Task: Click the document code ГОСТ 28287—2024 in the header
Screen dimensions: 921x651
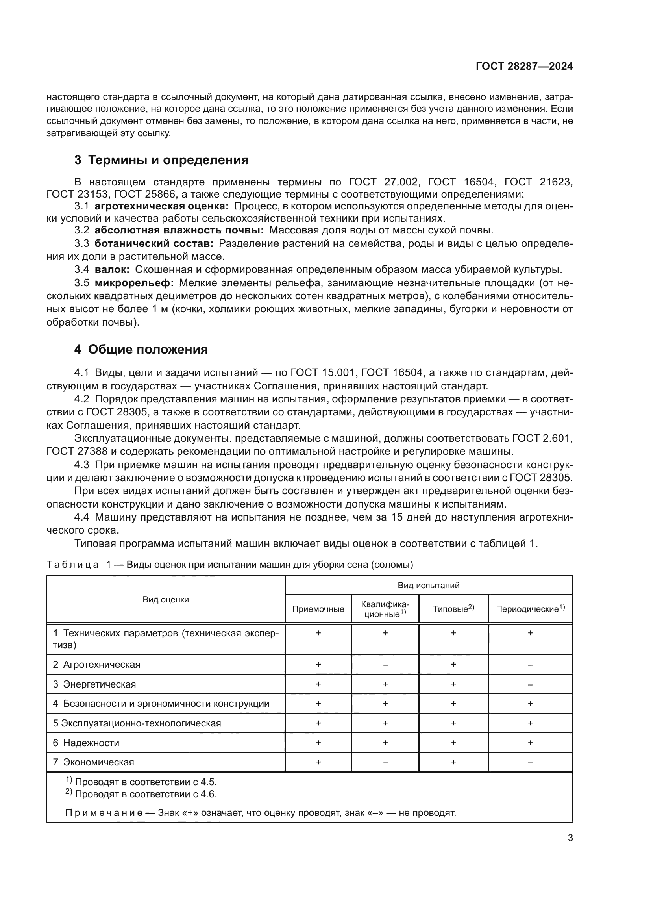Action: tap(524, 66)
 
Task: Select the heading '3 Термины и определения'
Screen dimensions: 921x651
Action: tap(161, 160)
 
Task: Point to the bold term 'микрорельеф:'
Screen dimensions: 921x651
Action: tap(134, 283)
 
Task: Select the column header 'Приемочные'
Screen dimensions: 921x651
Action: tap(318, 609)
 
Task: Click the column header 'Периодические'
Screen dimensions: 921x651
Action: tap(529, 609)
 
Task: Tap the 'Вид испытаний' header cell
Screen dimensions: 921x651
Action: tap(428, 585)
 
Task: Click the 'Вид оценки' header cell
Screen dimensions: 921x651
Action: tap(166, 599)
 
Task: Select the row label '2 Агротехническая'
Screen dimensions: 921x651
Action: tap(96, 665)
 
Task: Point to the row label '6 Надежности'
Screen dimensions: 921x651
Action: tap(86, 743)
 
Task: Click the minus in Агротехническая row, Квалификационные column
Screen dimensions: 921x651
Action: tap(385, 665)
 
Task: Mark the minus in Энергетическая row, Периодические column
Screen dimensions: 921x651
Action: tap(530, 684)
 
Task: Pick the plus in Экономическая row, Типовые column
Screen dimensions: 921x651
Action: tap(453, 762)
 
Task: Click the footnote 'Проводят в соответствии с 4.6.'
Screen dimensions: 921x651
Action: tap(146, 794)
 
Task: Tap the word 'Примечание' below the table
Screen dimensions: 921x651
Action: tap(104, 813)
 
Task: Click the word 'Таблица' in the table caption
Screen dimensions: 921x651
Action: tap(72, 565)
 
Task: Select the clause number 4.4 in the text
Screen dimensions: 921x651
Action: tap(81, 517)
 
